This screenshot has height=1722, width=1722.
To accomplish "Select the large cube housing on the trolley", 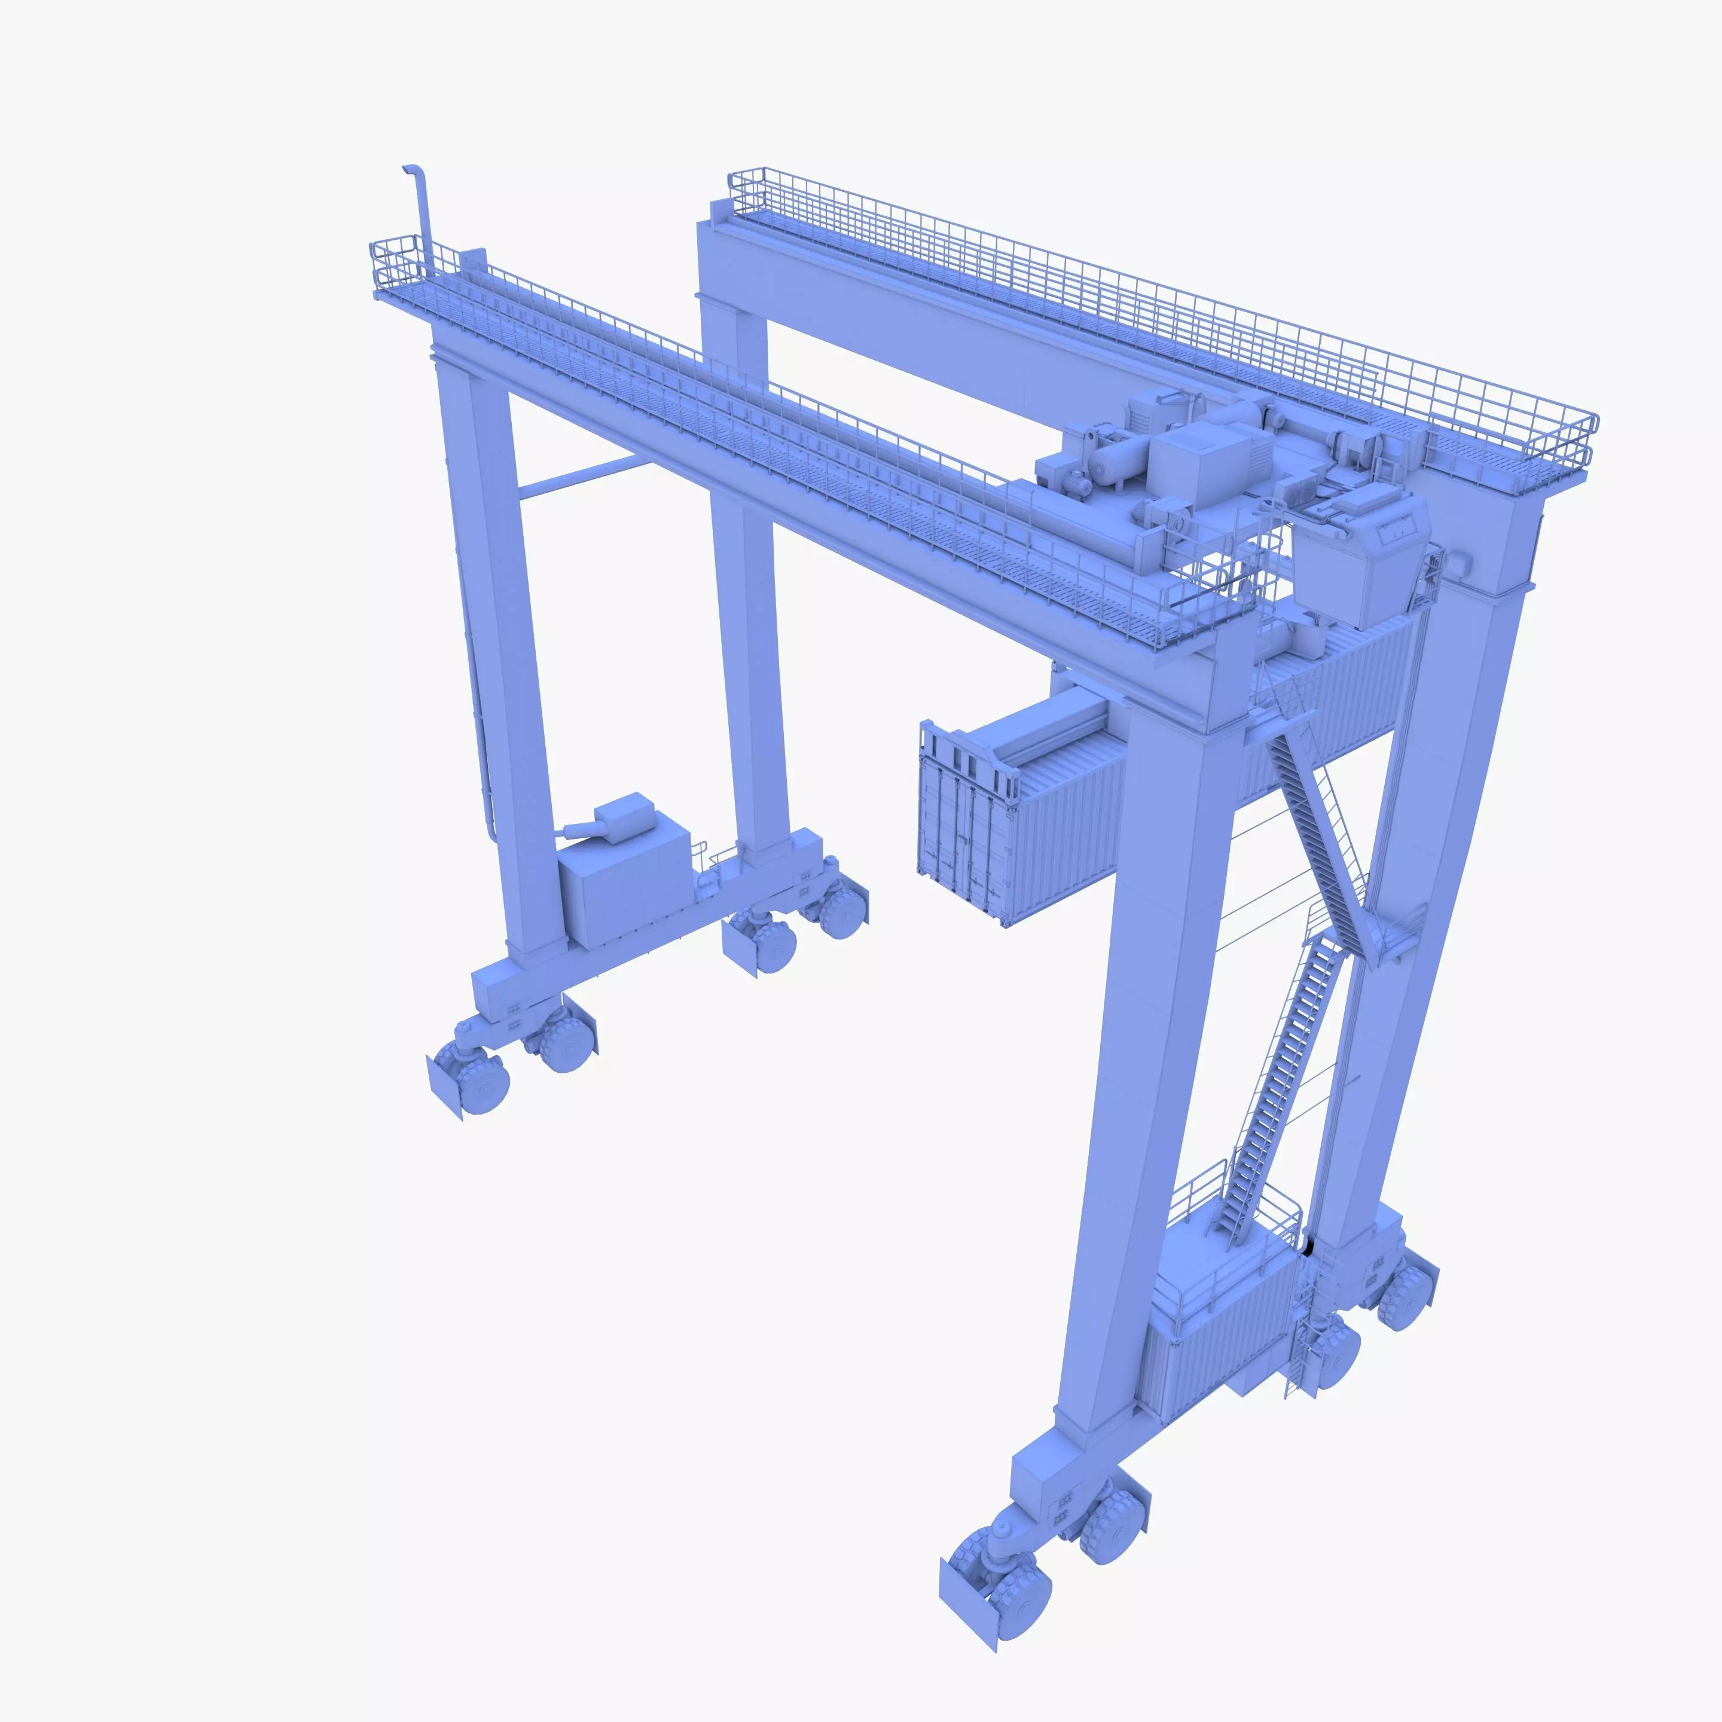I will pos(1195,463).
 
